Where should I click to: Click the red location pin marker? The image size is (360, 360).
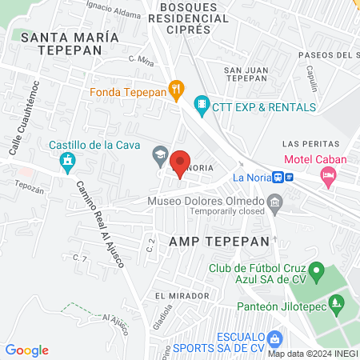pyautogui.click(x=181, y=162)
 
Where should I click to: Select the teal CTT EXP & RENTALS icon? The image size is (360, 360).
pyautogui.click(x=202, y=102)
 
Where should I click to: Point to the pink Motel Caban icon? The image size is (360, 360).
pyautogui.click(x=328, y=176)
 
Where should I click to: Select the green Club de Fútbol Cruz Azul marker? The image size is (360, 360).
pyautogui.click(x=317, y=274)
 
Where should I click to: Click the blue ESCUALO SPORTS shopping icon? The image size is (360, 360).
pyautogui.click(x=276, y=338)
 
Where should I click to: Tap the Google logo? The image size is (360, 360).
pyautogui.click(x=27, y=350)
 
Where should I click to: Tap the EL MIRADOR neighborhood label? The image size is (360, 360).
pyautogui.click(x=175, y=294)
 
